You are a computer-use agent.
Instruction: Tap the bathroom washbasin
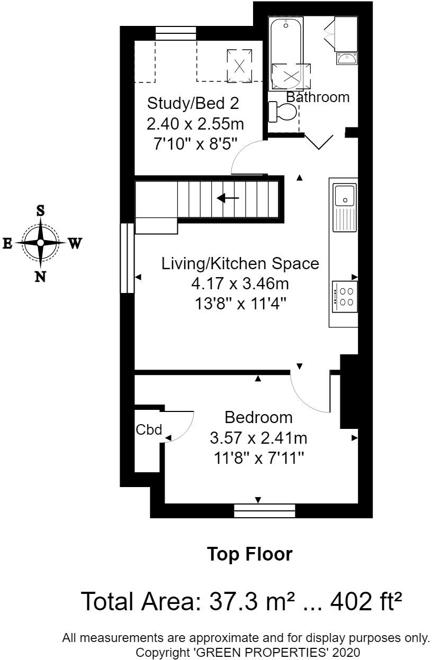(346, 58)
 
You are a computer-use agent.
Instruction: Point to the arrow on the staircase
(228, 198)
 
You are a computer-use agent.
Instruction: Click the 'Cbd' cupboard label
(149, 430)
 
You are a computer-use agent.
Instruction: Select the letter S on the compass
(40, 210)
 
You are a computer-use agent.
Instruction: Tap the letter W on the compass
(75, 243)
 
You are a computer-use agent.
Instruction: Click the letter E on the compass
(8, 243)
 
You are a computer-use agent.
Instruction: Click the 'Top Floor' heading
(249, 554)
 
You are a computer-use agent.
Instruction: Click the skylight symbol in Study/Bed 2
(239, 66)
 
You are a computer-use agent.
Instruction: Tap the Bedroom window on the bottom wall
(265, 510)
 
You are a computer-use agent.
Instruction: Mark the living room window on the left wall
(127, 258)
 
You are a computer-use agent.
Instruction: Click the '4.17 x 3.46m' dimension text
(240, 284)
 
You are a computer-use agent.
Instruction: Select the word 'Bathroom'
(318, 97)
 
